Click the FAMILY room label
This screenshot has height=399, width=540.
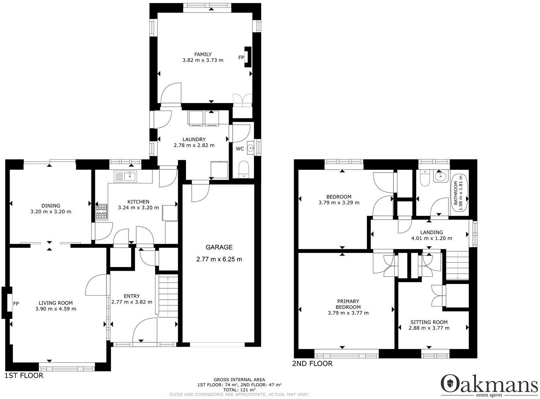coord(202,54)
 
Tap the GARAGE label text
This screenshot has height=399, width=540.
coord(219,247)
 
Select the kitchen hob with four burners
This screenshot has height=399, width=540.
coord(102,212)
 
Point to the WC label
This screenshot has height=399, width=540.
coord(240,149)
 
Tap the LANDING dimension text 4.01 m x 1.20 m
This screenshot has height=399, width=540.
coord(432,238)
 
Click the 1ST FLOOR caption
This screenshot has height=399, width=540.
coord(24,375)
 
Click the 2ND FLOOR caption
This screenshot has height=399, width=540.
coord(312,364)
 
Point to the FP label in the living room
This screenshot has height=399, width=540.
coord(16,304)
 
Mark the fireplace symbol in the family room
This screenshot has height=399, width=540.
coord(247,57)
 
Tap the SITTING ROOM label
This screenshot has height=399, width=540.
coord(429,322)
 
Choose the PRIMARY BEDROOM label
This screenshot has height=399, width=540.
coord(348,304)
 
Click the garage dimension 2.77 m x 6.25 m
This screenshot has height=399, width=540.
coord(219,259)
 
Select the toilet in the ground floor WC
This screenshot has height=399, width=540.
coord(243,169)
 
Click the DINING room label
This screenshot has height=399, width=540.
coord(51,206)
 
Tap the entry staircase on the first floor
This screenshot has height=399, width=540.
coord(168,296)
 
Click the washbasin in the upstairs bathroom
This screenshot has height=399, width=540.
coord(440,177)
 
